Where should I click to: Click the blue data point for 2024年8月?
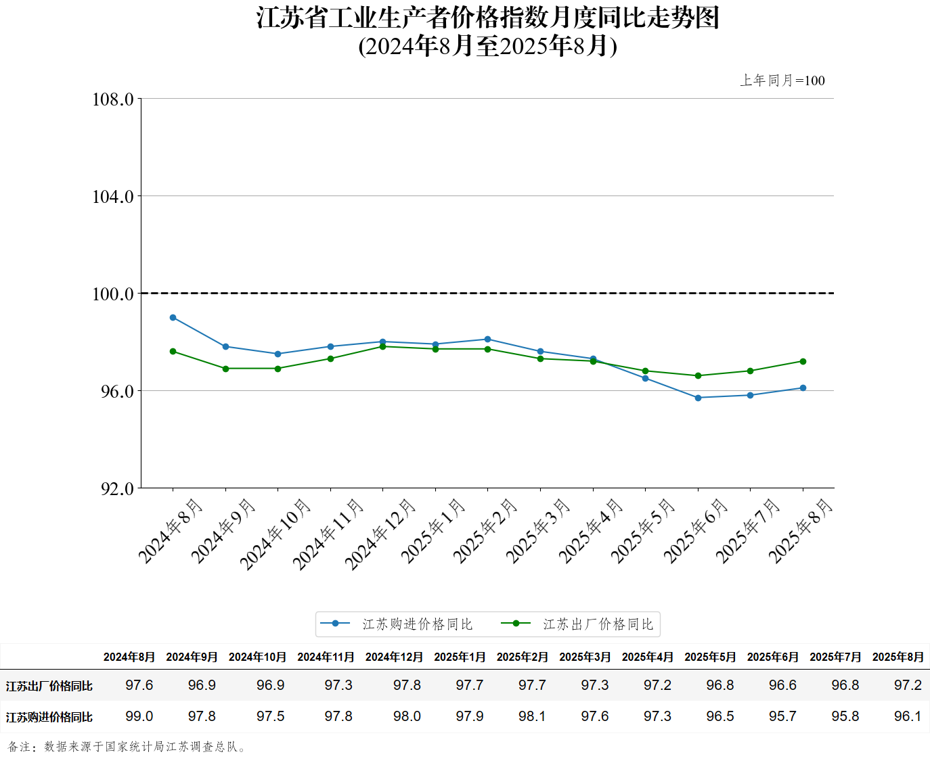(x=173, y=317)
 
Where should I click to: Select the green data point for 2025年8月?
(x=803, y=361)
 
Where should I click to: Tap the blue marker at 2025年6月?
(x=698, y=398)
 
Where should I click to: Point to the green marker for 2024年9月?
(x=225, y=369)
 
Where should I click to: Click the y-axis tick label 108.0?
(x=113, y=99)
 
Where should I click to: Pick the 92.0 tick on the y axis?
(x=117, y=488)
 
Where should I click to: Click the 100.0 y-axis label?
(x=113, y=294)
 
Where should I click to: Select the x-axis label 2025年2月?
(x=485, y=531)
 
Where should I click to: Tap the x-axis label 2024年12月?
(x=380, y=534)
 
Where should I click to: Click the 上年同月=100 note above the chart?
(x=782, y=80)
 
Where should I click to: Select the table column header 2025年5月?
(x=710, y=657)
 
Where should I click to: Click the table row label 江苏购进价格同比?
(x=49, y=717)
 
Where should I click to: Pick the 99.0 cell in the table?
(x=139, y=716)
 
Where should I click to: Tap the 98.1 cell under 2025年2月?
(x=532, y=716)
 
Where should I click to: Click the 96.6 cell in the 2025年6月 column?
(x=782, y=685)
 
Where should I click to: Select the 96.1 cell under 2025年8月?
(x=908, y=716)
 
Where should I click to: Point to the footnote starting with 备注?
(x=127, y=747)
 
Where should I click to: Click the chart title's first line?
(x=487, y=18)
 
